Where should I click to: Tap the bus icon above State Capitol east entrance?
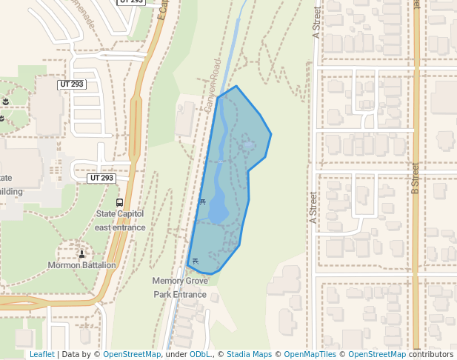tap(120, 202)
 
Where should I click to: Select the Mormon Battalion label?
tap(81, 265)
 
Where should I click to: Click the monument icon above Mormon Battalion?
tap(81, 254)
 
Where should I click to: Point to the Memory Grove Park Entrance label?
tap(179, 287)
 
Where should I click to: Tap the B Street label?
tap(415, 179)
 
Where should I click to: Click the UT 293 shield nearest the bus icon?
tap(101, 179)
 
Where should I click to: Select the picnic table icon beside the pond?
tap(202, 201)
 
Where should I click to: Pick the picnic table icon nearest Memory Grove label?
tap(196, 261)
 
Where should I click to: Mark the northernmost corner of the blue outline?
tap(236, 86)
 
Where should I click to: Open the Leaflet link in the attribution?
tap(41, 354)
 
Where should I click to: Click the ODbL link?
tap(199, 354)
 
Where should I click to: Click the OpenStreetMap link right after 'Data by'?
tap(132, 354)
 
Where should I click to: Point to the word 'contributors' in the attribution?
tap(430, 354)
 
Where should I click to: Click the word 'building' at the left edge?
tap(11, 191)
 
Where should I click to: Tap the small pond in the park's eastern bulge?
tap(241, 148)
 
